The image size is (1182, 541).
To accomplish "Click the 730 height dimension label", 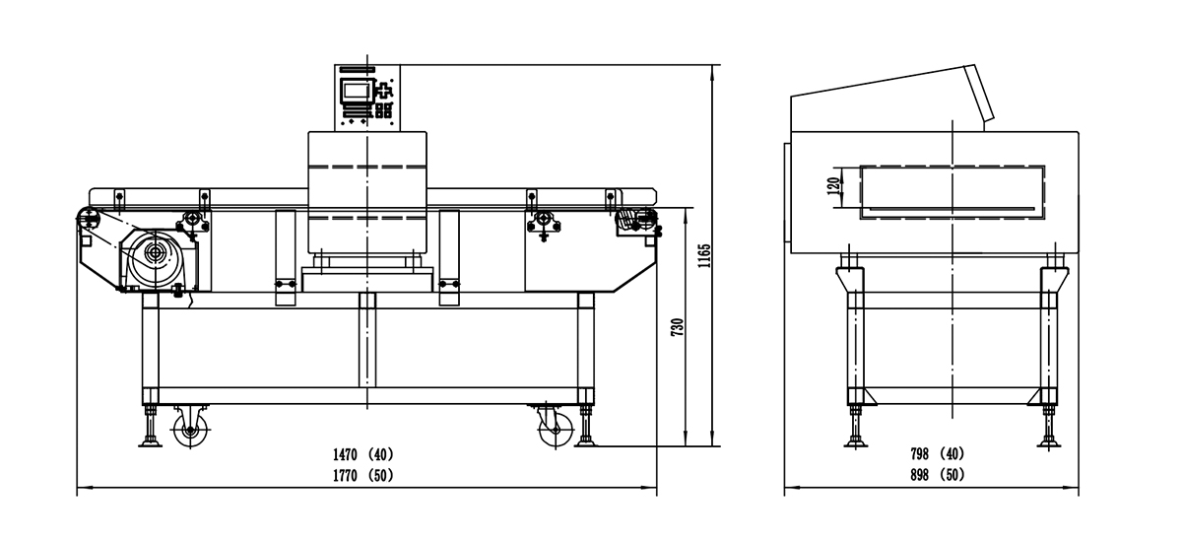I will tap(677, 328).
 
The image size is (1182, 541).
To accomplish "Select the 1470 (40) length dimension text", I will tap(361, 454).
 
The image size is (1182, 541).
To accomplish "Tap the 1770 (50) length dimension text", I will tap(361, 474).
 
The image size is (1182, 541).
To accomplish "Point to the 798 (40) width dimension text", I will tap(937, 454).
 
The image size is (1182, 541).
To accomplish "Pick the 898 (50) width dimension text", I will tap(937, 474).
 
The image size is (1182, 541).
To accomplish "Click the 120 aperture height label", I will tap(833, 184).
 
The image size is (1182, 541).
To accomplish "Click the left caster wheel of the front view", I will tap(188, 430).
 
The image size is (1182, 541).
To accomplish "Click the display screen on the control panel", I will tap(354, 91).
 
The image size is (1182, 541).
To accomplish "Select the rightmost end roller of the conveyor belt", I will tap(649, 218).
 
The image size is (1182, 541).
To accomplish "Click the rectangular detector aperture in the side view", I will tap(952, 191).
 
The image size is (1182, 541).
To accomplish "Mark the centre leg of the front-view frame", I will tap(367, 340).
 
